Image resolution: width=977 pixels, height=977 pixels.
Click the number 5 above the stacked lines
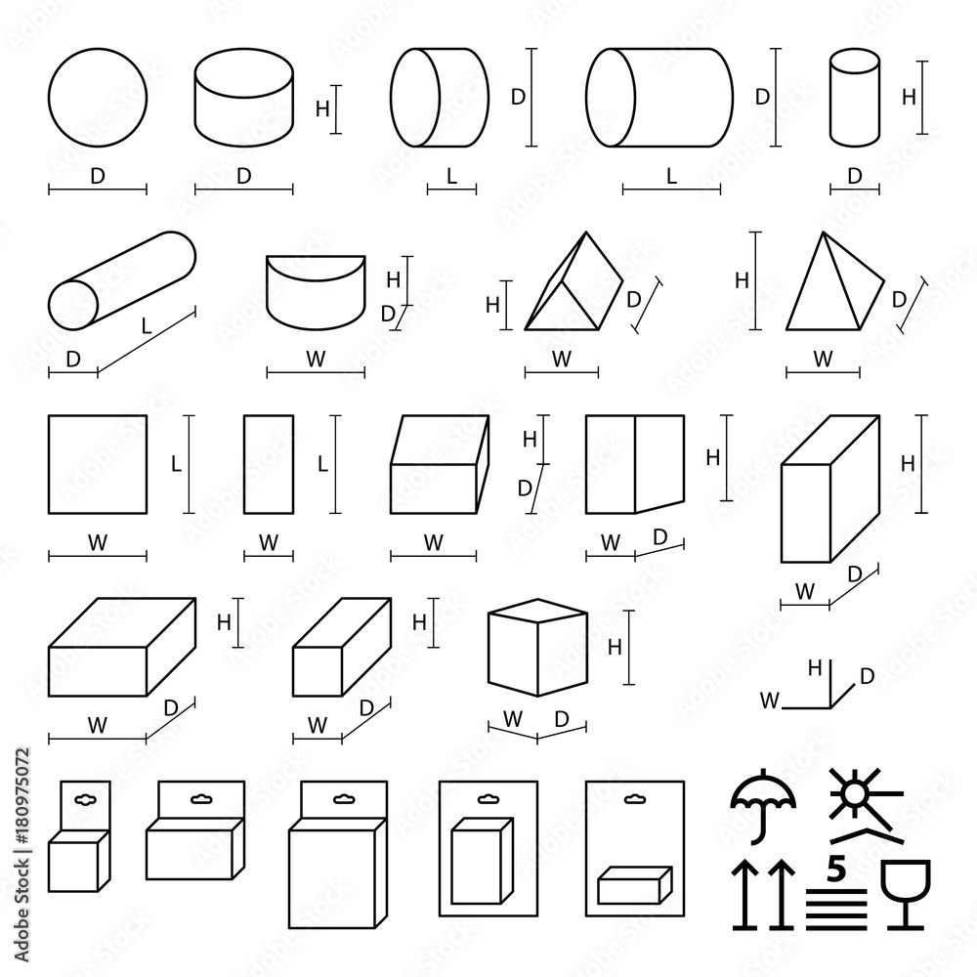pyautogui.click(x=835, y=868)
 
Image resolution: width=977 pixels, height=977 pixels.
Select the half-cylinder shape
pyautogui.click(x=316, y=293)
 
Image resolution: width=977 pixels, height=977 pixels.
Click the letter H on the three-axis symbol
pyautogui.click(x=814, y=668)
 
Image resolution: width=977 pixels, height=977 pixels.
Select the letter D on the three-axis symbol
pyautogui.click(x=866, y=675)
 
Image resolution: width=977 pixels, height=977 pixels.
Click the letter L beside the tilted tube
pyautogui.click(x=147, y=327)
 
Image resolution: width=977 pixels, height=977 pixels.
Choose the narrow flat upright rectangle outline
pyautogui.click(x=269, y=464)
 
